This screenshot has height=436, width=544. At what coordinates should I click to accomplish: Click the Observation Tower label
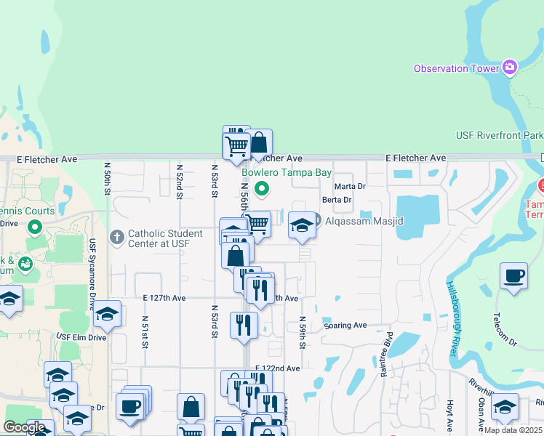tap(456, 68)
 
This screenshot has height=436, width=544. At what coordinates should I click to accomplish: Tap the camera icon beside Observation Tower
tap(510, 68)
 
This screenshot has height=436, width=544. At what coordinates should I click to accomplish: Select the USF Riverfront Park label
tap(499, 135)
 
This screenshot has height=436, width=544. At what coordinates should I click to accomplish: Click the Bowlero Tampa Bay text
tap(286, 173)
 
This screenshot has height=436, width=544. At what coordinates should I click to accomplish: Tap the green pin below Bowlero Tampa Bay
tap(263, 190)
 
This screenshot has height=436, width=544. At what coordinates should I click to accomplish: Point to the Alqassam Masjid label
tap(364, 221)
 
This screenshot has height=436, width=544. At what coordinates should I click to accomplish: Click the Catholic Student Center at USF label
tap(165, 238)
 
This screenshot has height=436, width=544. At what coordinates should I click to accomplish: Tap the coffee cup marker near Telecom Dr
tap(514, 277)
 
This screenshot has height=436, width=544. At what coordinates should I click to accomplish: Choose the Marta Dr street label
tap(350, 186)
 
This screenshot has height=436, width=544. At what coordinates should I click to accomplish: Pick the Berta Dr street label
tap(337, 200)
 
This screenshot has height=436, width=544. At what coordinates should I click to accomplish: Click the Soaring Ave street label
tap(345, 326)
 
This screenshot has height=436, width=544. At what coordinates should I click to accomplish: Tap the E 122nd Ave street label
tap(278, 368)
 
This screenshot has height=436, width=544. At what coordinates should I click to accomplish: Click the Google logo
tap(24, 427)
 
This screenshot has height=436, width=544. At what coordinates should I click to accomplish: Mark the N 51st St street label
tap(145, 331)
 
